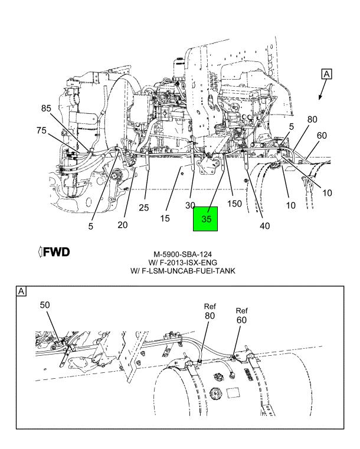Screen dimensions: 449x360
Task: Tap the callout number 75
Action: tap(42, 131)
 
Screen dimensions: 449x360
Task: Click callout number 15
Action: tap(166, 218)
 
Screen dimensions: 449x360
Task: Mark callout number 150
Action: tap(234, 205)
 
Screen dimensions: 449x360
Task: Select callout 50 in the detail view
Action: tap(46, 305)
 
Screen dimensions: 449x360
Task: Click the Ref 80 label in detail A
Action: tap(210, 312)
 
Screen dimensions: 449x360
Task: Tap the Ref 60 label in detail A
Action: tap(242, 316)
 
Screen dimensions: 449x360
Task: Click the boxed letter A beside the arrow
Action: tap(327, 74)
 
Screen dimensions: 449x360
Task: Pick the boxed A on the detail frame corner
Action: tap(21, 291)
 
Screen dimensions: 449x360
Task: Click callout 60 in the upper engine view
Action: tap(322, 136)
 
